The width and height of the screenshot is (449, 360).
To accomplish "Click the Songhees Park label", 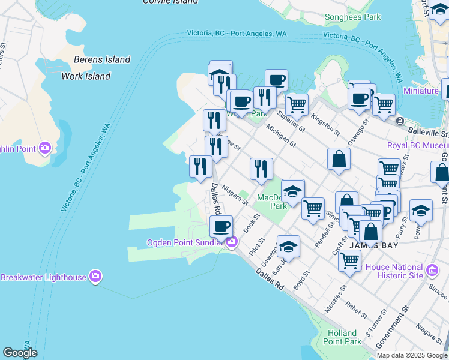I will [x=352, y=17].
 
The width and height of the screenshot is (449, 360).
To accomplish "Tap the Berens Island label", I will [x=102, y=59].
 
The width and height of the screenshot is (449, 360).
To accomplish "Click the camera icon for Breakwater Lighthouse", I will [x=95, y=276].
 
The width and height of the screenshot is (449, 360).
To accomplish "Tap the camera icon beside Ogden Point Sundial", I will [x=232, y=242].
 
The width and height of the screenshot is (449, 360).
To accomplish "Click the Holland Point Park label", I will [x=342, y=337].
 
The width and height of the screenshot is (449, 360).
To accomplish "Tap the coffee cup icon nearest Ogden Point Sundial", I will [x=221, y=226].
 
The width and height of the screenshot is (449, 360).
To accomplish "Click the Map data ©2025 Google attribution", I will [x=411, y=355].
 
